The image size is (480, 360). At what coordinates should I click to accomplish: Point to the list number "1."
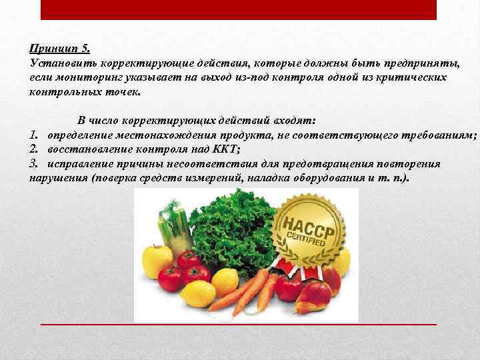pos(35,135)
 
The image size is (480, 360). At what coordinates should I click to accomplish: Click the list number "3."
pos(35,163)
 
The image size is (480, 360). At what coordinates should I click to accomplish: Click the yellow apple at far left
pos(156,261)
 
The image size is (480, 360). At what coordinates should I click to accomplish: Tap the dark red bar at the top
pos(239,9)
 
